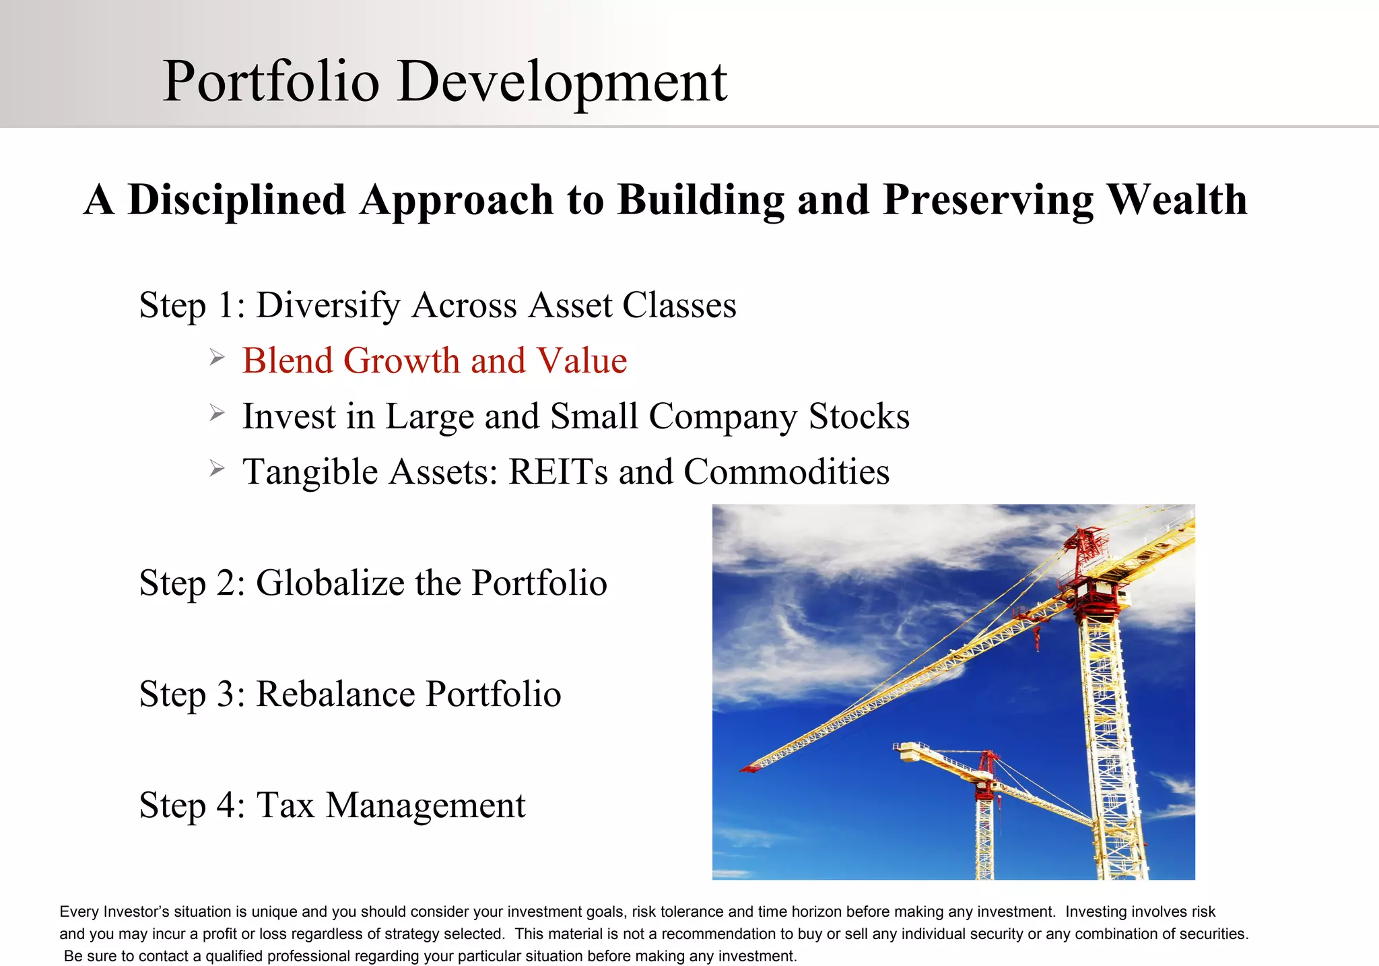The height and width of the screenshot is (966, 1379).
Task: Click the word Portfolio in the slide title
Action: pyautogui.click(x=271, y=82)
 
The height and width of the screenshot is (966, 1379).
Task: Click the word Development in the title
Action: pyautogui.click(x=562, y=83)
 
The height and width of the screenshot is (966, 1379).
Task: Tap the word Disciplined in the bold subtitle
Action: pyautogui.click(x=236, y=200)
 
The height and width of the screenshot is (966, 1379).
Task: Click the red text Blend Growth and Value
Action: pyautogui.click(x=434, y=360)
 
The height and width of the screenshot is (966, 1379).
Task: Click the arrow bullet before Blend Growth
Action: pyautogui.click(x=216, y=357)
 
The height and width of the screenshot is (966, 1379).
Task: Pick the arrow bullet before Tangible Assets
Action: pyautogui.click(x=216, y=468)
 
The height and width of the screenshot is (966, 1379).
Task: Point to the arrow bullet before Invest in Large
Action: pyautogui.click(x=216, y=413)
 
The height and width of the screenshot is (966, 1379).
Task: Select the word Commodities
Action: pyautogui.click(x=786, y=472)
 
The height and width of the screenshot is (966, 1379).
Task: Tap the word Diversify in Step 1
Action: pyautogui.click(x=329, y=306)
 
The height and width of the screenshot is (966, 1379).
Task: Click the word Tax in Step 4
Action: pyautogui.click(x=285, y=805)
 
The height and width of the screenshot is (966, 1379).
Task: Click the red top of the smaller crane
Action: pyautogui.click(x=988, y=761)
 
